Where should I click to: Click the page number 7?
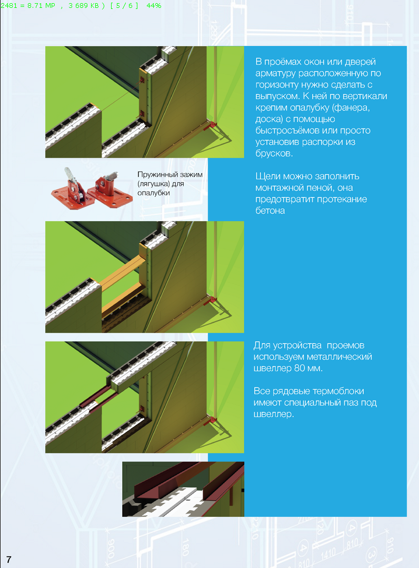(x=9, y=559)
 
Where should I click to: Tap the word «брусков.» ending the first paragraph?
(x=274, y=153)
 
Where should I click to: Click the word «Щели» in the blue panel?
(x=267, y=176)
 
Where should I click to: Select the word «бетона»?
(x=270, y=211)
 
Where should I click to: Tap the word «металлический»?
(x=339, y=357)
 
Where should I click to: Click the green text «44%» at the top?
(x=154, y=6)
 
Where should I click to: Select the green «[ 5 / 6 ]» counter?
(x=124, y=6)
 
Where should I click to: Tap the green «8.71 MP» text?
(x=41, y=6)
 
